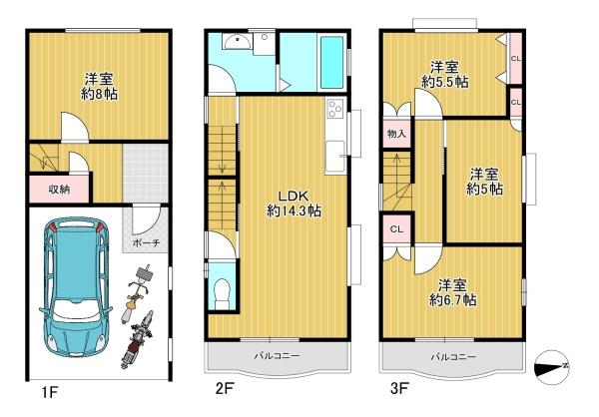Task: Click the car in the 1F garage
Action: (76, 287)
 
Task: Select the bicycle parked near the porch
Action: (137, 293)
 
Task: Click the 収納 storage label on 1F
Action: (59, 189)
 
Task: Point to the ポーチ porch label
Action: (146, 242)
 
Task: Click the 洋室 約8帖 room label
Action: (99, 87)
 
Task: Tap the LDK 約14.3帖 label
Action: (294, 204)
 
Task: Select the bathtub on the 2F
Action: (331, 62)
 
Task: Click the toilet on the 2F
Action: (222, 293)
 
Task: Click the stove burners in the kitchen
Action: (335, 108)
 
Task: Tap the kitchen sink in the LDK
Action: (335, 156)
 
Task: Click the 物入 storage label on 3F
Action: (396, 134)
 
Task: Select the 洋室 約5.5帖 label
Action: (445, 75)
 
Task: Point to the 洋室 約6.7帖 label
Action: (452, 293)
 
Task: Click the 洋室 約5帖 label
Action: (484, 182)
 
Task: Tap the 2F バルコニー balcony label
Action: (278, 356)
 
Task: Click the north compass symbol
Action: (552, 367)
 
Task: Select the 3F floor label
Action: (399, 389)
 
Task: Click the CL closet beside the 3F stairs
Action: (397, 229)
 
